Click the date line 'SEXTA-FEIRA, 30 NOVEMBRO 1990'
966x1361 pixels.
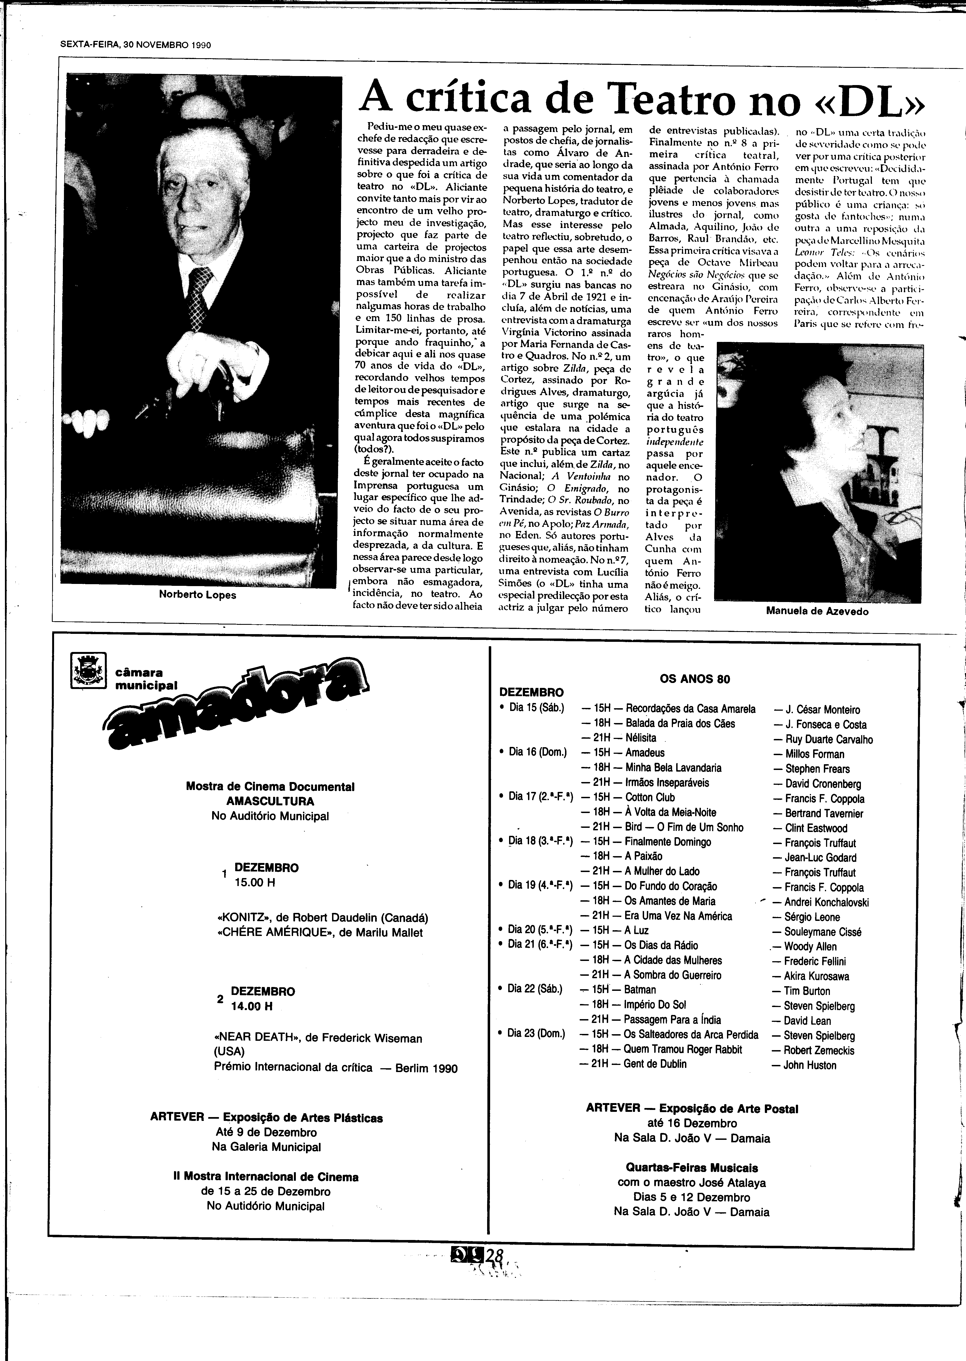tap(136, 45)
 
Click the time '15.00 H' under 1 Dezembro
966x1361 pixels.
tap(255, 882)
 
